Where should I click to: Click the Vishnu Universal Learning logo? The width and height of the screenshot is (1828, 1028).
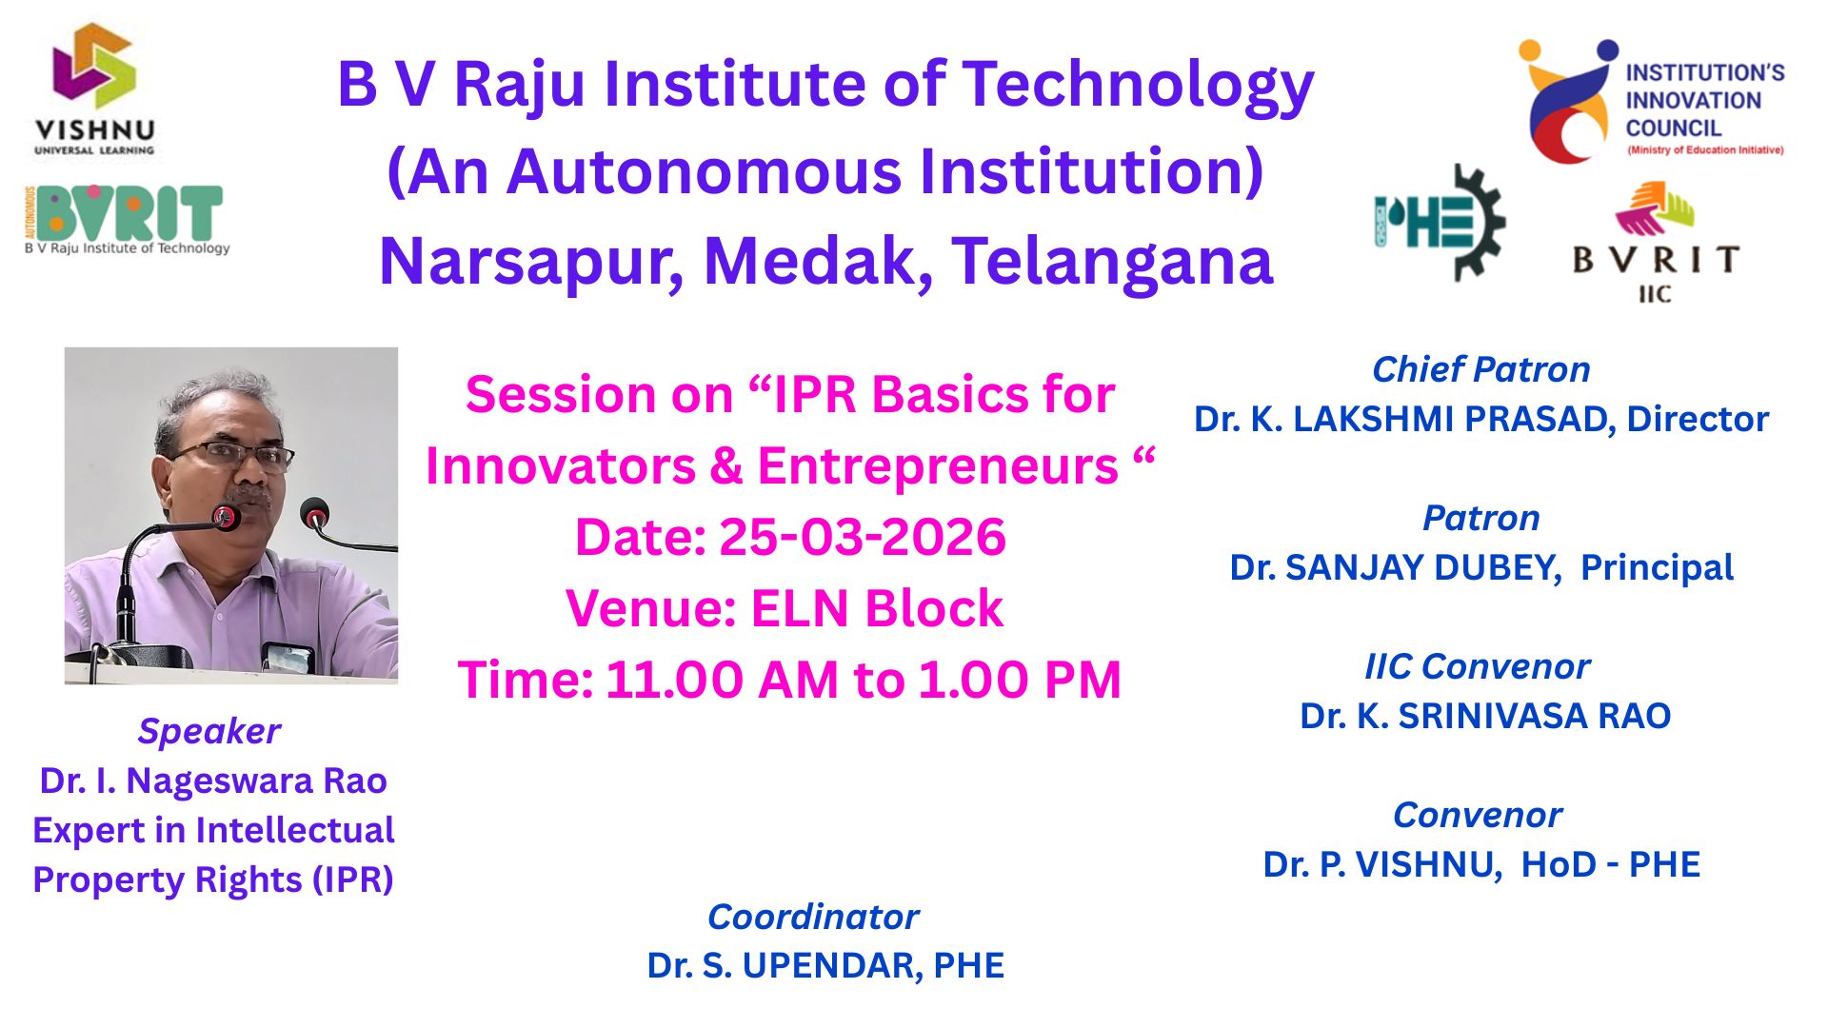pyautogui.click(x=94, y=89)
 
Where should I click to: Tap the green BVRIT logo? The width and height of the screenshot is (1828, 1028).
pyautogui.click(x=127, y=220)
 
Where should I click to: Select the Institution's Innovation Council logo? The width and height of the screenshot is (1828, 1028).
pyautogui.click(x=1651, y=101)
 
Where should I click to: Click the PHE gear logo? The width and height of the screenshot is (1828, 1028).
pyautogui.click(x=1439, y=223)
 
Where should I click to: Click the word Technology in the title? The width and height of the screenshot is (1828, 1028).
pyautogui.click(x=1138, y=86)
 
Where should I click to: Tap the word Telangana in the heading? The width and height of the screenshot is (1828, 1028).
pyautogui.click(x=1112, y=262)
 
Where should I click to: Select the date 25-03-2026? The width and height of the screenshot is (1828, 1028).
pyautogui.click(x=862, y=537)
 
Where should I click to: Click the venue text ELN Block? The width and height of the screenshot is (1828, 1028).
pyautogui.click(x=877, y=608)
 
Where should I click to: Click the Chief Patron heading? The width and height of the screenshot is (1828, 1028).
pyautogui.click(x=1480, y=369)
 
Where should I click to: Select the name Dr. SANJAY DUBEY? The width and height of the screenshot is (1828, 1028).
pyautogui.click(x=1395, y=567)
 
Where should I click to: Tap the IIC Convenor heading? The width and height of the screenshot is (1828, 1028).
pyautogui.click(x=1477, y=666)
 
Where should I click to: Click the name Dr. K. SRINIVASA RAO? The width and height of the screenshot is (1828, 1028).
pyautogui.click(x=1485, y=716)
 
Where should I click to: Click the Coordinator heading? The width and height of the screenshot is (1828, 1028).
pyautogui.click(x=813, y=917)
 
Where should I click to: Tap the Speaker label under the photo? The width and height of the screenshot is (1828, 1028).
pyautogui.click(x=209, y=731)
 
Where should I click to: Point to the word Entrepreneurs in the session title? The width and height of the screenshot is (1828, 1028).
pyautogui.click(x=937, y=466)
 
